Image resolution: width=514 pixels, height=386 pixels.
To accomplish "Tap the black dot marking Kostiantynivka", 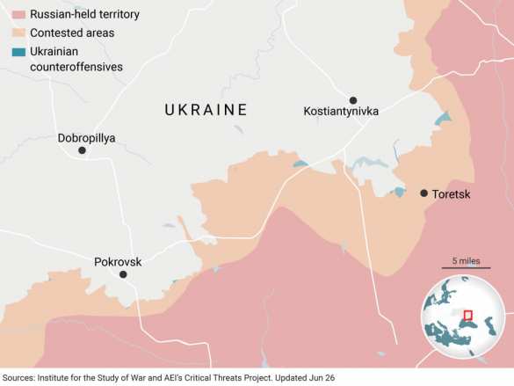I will tap(352, 100).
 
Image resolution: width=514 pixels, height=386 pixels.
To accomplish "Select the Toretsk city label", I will tap(452, 193).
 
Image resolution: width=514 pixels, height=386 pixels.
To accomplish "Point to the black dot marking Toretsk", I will tap(424, 193).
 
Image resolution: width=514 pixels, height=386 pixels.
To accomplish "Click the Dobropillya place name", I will tap(86, 138).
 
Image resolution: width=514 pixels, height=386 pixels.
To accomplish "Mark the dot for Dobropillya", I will tap(82, 150).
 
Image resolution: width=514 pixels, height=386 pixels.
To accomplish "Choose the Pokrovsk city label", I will tap(118, 261).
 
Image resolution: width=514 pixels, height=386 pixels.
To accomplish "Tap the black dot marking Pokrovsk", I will tap(123, 274).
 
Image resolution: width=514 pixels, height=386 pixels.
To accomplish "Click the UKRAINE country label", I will tap(206, 110).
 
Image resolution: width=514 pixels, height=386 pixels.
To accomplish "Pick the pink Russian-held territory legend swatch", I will tap(18, 15).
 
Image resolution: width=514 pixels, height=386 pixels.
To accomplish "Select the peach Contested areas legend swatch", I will tap(18, 33).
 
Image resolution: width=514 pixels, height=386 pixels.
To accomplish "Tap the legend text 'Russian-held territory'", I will tap(84, 15).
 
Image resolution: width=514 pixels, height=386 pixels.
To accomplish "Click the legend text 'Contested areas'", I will tap(72, 33).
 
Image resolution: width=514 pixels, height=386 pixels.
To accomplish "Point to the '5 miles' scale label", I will tap(466, 261).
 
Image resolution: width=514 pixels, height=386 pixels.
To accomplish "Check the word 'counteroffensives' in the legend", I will tap(76, 67).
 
